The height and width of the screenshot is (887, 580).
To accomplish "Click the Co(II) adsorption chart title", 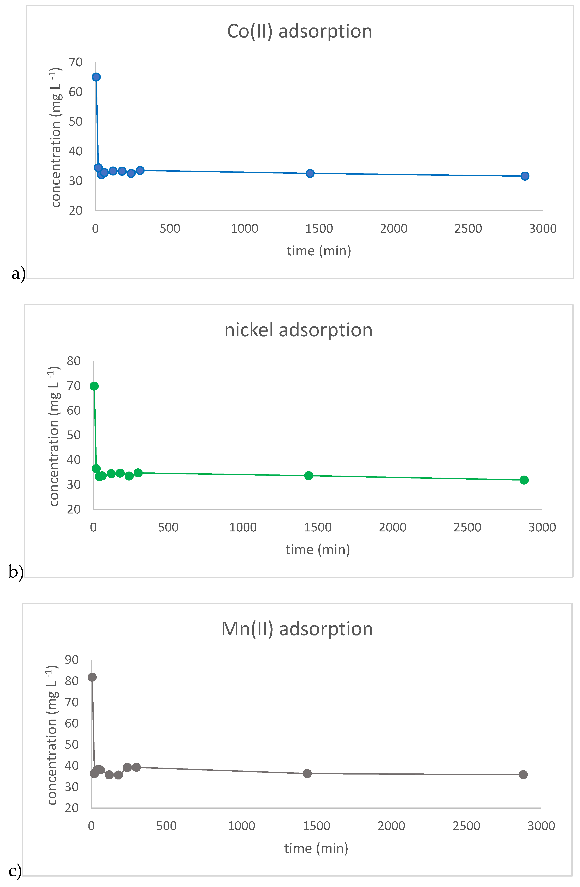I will click(x=299, y=31).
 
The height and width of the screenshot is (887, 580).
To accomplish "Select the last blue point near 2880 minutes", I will click(x=525, y=176).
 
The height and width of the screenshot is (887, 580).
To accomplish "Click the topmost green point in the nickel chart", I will click(x=94, y=386).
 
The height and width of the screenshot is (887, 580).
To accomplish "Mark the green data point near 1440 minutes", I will click(x=308, y=476).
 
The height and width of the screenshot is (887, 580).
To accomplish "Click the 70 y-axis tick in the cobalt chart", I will click(x=76, y=62).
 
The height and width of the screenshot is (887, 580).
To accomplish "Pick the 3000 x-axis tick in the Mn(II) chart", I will click(x=541, y=826).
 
